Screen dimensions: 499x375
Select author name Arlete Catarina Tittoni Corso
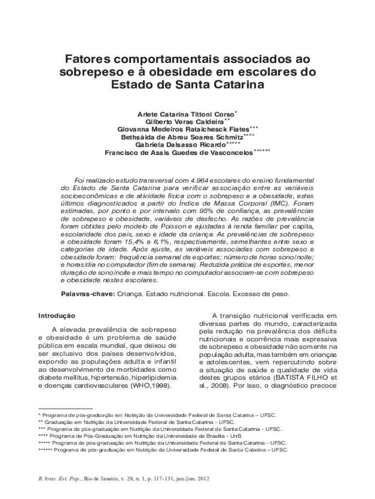pyautogui.click(x=186, y=114)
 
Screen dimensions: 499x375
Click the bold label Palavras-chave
pyautogui.click(x=87, y=295)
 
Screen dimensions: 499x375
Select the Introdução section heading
pyautogui.click(x=56, y=316)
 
